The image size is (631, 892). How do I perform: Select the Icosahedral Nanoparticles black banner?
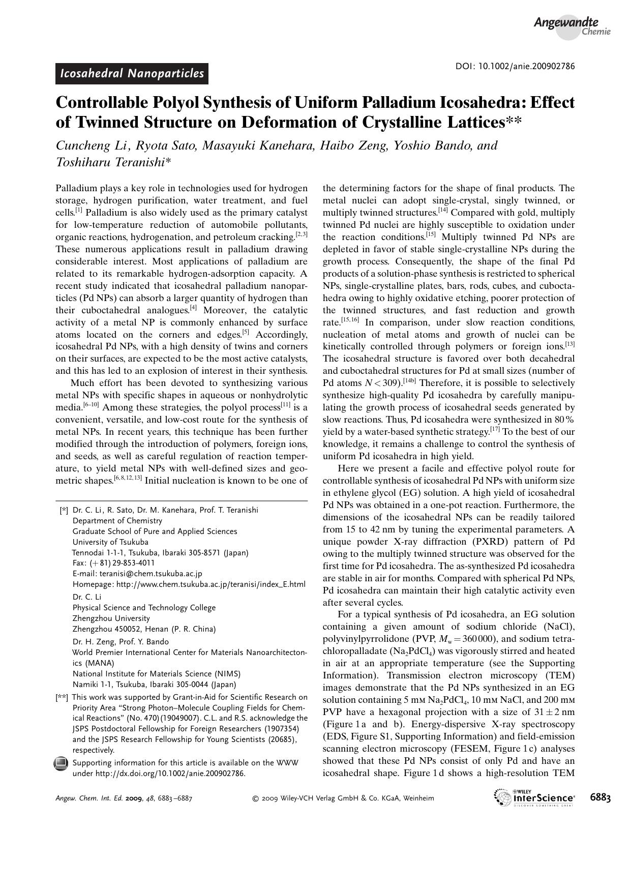tap(132, 74)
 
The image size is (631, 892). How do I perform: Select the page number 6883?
tap(600, 797)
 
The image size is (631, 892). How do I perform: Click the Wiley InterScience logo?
tap(534, 797)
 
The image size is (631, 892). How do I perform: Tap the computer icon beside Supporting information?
tap(61, 763)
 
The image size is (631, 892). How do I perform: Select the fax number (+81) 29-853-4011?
tap(122, 563)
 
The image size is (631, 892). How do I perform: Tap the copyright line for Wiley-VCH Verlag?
tap(343, 798)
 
